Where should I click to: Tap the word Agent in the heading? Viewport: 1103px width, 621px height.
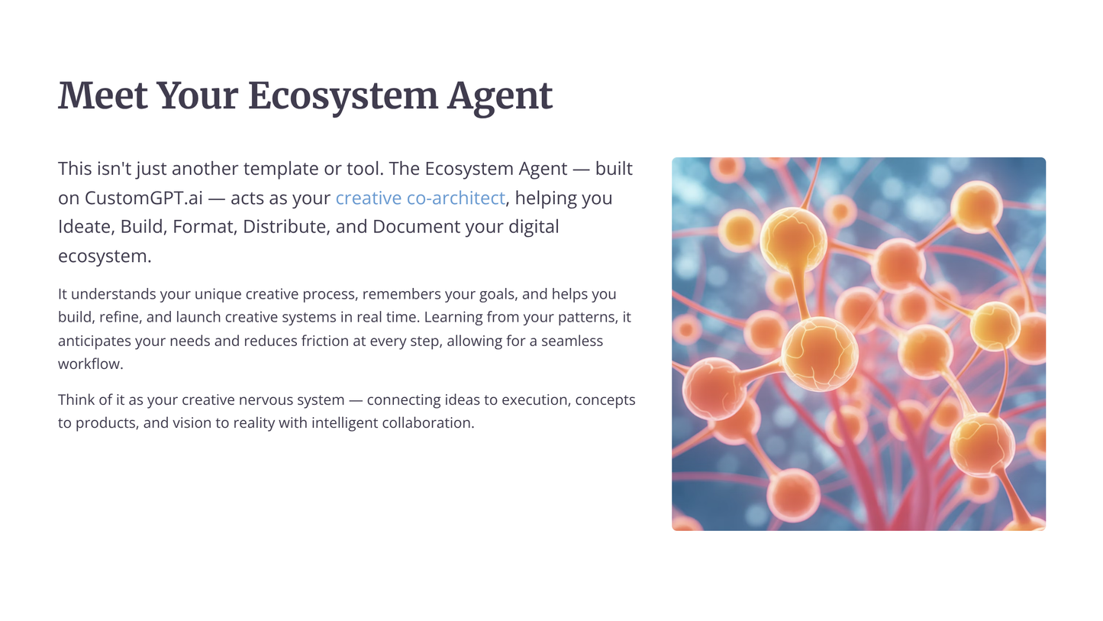tap(500, 96)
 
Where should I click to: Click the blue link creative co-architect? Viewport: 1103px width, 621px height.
tap(420, 198)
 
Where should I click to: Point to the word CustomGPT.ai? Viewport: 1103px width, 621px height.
tap(144, 198)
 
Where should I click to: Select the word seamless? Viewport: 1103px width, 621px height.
tap(572, 341)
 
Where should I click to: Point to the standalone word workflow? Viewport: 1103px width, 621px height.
tap(90, 364)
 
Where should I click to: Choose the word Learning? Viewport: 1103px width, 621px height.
tap(455, 317)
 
